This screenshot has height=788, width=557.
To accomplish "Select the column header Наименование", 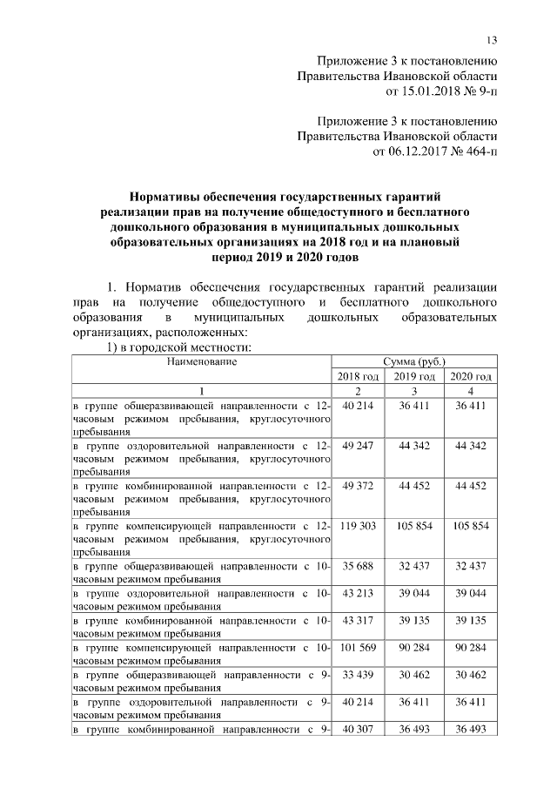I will [x=201, y=360].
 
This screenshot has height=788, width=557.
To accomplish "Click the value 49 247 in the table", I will [x=358, y=446].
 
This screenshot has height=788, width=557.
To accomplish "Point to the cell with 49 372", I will [x=358, y=486].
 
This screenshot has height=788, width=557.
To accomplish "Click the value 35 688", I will [x=358, y=566].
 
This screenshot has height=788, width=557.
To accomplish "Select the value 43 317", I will [x=358, y=620].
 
